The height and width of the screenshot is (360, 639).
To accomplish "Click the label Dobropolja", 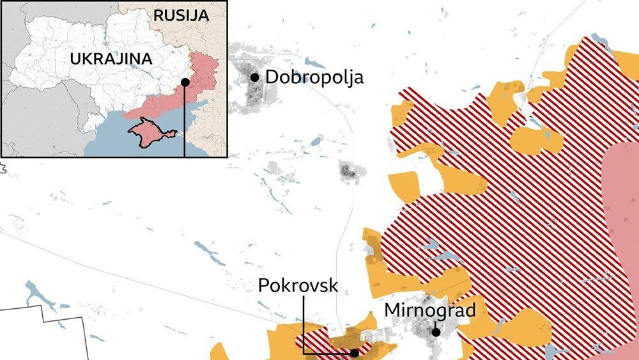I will coord(314,77).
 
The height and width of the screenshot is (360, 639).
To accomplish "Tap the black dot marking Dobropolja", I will coord(255,77).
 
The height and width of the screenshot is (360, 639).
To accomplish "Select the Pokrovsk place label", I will coord(298,285).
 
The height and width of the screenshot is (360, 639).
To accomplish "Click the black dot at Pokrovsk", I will coord(354,352).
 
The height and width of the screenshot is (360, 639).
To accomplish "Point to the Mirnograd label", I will coord(429,311).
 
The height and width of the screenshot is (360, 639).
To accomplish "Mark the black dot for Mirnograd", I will coord(435,332).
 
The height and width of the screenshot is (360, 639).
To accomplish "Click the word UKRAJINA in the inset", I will coord(111,59).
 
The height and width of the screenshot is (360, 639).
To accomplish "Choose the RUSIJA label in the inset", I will coord(181,16).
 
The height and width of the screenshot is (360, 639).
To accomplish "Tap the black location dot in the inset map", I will coord(185,82).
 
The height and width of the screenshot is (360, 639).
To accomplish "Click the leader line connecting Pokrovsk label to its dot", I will coord(304,326).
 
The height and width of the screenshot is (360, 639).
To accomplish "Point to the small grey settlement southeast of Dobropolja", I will coord(348,171).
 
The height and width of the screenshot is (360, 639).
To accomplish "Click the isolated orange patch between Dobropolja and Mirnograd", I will coord(403,186).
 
